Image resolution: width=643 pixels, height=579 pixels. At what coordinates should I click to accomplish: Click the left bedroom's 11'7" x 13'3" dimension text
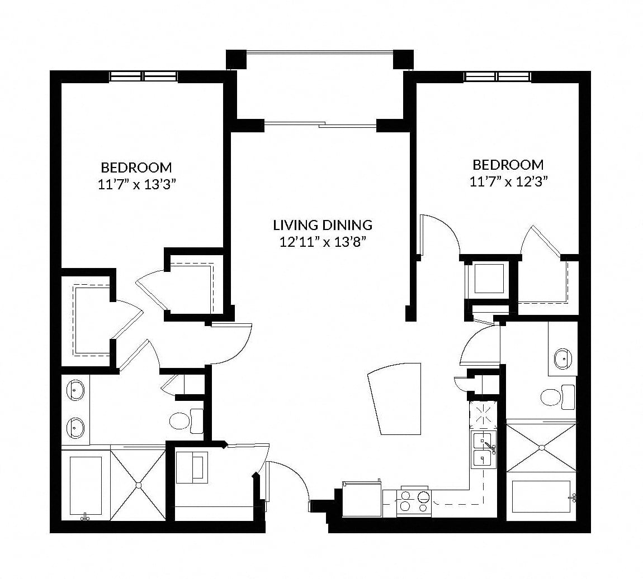[x=137, y=185]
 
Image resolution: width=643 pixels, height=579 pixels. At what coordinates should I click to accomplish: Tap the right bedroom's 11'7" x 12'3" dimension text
[x=509, y=182]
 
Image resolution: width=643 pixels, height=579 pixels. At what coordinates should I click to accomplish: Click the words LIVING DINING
[x=323, y=225]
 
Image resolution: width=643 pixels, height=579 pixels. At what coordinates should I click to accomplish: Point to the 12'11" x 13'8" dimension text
[x=323, y=242]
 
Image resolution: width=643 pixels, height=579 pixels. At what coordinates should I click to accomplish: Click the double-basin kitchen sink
[x=484, y=449]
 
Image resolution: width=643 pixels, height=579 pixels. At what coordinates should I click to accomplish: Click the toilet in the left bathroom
[x=186, y=420]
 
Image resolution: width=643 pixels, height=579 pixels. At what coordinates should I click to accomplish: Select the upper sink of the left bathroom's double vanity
[x=74, y=390]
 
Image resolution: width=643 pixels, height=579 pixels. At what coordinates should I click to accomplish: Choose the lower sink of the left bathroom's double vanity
[x=74, y=428]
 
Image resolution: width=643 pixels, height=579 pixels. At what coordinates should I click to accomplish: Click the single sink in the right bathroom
[x=562, y=359]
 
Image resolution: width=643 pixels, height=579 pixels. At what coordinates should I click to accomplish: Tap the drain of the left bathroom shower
[x=138, y=485]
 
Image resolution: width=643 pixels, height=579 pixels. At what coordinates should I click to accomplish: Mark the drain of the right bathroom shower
[x=541, y=448]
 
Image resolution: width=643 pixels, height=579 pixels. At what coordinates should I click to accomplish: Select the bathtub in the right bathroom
[x=541, y=497]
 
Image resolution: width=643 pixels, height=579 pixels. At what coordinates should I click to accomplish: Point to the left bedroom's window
[x=144, y=76]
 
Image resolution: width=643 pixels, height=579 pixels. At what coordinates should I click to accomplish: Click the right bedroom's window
[x=498, y=76]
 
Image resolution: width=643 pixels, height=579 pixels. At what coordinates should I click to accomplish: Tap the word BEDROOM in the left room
[x=136, y=168]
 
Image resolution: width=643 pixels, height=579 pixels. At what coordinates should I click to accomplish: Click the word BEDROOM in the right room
[x=508, y=165]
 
